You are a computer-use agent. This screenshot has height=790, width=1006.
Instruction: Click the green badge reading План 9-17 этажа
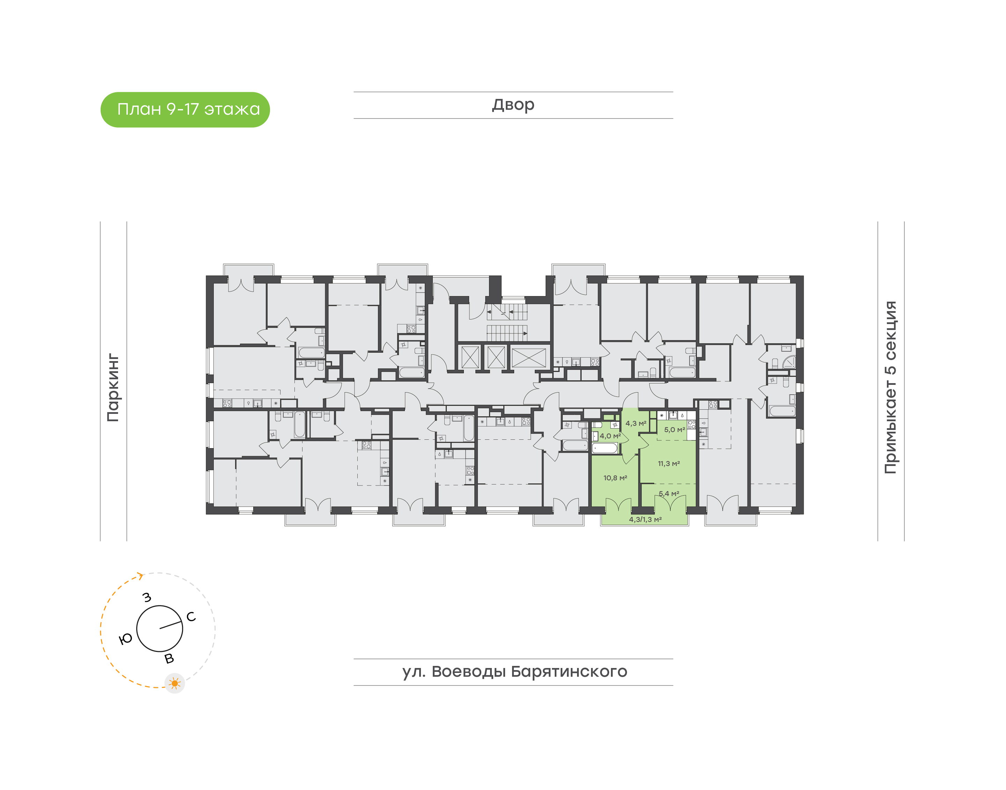185,110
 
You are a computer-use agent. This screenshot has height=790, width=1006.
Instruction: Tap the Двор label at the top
513,105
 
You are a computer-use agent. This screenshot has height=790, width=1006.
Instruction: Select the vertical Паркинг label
113,388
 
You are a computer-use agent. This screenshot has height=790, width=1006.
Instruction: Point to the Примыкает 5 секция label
890,387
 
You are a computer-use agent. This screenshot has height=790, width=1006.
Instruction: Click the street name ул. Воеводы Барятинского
514,671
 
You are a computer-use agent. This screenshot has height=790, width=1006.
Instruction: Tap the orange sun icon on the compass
175,683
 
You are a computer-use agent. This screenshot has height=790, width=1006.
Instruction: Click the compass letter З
147,597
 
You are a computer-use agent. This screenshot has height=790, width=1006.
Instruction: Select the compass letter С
191,617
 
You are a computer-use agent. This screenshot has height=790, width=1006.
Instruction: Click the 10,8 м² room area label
615,478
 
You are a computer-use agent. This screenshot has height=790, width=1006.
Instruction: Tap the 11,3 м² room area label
669,464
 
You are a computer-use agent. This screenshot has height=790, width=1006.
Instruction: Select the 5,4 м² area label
669,494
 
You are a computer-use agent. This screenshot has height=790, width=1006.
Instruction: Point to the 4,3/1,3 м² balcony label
645,519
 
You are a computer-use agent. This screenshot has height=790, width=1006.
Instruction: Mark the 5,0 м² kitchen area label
674,430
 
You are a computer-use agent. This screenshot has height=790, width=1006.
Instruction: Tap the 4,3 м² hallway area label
635,423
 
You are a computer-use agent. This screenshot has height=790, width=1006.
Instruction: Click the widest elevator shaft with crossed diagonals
528,358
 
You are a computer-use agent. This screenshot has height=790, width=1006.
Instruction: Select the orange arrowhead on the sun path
140,576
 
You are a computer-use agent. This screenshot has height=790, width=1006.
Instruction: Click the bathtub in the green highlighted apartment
604,448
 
